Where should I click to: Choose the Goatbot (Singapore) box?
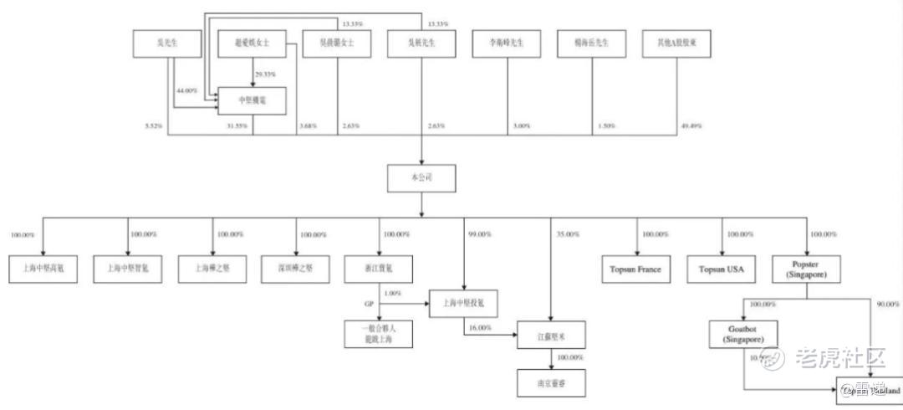tap(743, 336)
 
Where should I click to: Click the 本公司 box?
tap(421, 177)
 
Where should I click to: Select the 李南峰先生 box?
tap(507, 44)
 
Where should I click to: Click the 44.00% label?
tap(186, 90)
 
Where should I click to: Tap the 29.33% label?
tap(265, 74)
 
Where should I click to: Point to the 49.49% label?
tap(691, 126)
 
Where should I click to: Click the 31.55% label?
tap(237, 126)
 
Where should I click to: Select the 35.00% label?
tap(568, 234)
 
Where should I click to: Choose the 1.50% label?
tap(606, 126)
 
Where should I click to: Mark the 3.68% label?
tap(309, 126)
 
